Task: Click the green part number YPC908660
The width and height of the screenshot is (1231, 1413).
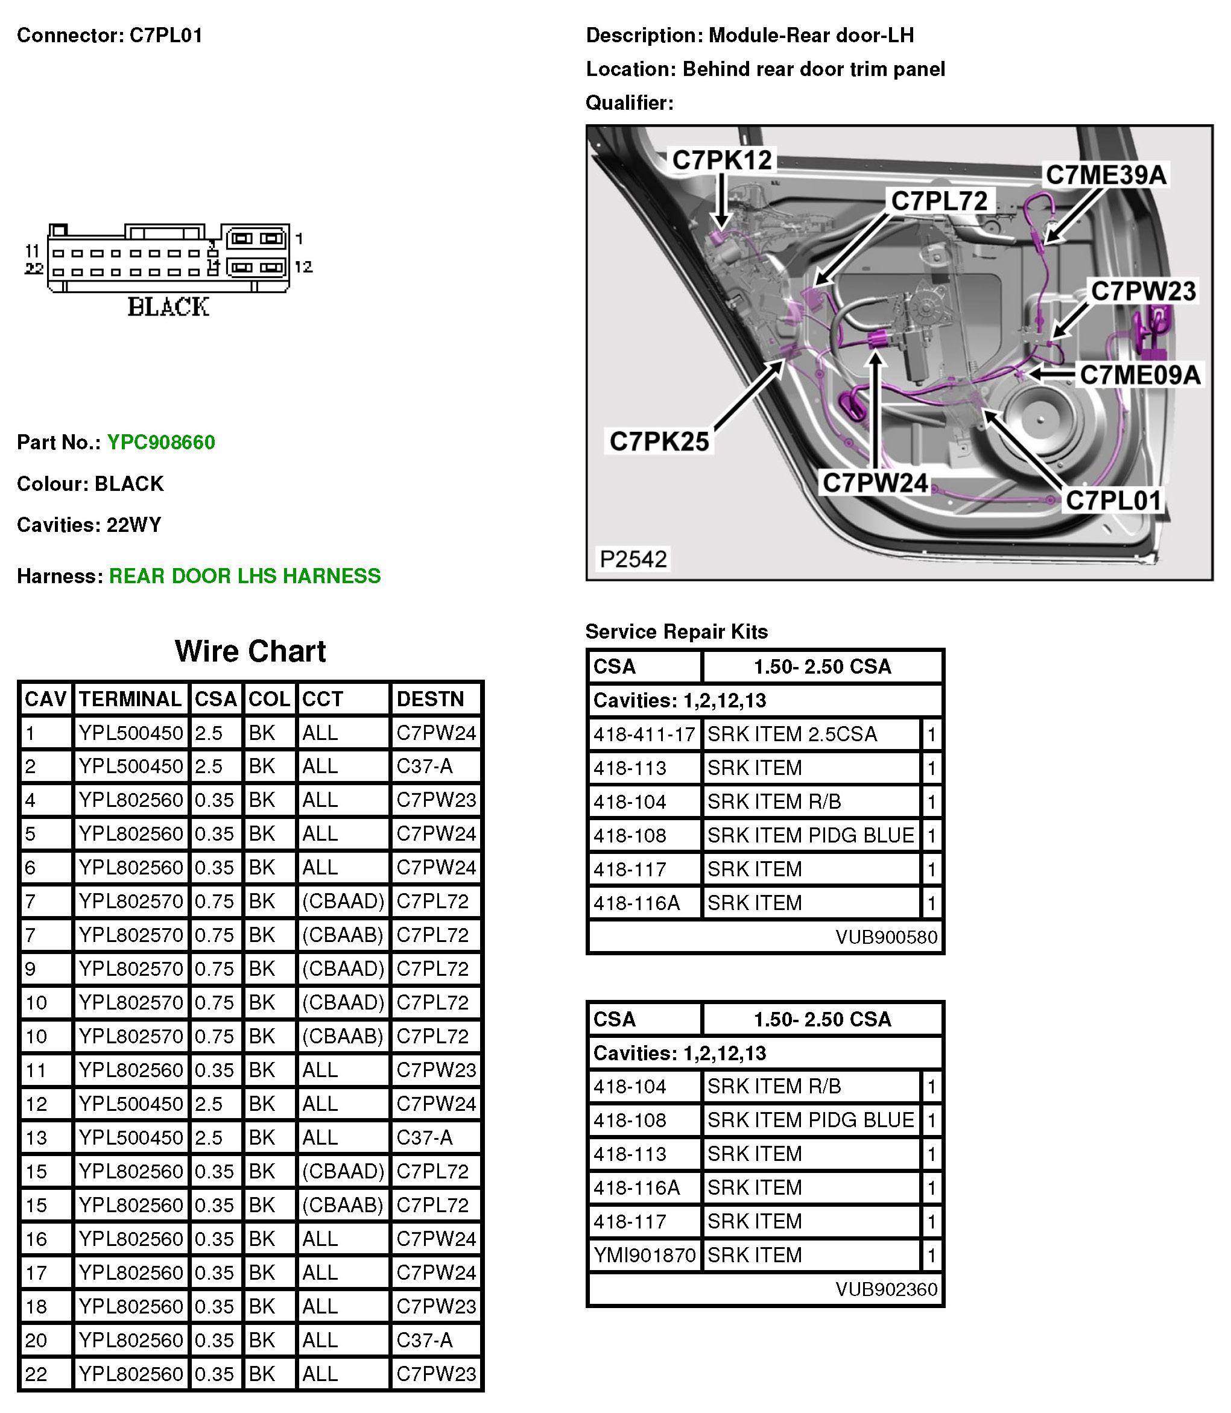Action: (x=161, y=443)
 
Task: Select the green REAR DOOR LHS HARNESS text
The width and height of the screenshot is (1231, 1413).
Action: (x=244, y=576)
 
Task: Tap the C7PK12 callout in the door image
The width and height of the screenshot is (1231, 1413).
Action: (x=722, y=160)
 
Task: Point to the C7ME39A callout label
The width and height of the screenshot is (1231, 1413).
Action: (x=1106, y=175)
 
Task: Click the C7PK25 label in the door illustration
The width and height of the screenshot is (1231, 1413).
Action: (x=659, y=441)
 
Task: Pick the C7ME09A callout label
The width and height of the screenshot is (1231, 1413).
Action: (x=1140, y=375)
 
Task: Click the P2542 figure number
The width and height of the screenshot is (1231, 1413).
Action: (x=633, y=558)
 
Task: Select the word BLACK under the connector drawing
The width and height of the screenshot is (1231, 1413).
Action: (x=168, y=307)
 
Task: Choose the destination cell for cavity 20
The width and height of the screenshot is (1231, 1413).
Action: (x=425, y=1339)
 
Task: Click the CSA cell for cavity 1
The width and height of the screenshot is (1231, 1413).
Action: (x=209, y=733)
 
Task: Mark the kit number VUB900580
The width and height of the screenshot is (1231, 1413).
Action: (x=886, y=937)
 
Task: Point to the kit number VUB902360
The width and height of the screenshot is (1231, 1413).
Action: (x=886, y=1289)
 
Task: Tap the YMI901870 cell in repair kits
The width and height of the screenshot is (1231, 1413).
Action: (x=644, y=1255)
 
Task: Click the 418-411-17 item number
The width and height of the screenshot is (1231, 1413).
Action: (x=644, y=735)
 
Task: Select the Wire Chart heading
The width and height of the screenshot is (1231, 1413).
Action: (x=250, y=651)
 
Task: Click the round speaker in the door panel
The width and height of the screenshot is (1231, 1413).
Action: (x=1041, y=420)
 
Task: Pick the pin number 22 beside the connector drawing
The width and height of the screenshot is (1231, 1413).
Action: (x=34, y=268)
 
